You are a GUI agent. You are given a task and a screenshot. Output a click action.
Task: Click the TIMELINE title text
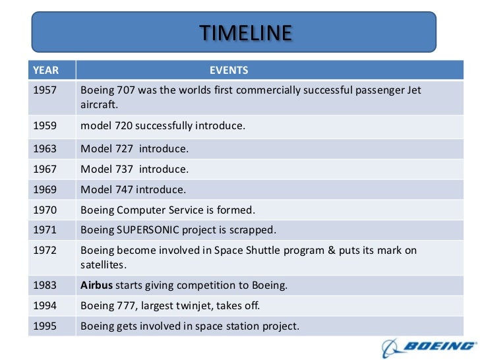245,32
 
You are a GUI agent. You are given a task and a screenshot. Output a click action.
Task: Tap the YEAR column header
45,70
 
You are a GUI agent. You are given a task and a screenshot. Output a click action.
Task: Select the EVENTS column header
229,70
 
